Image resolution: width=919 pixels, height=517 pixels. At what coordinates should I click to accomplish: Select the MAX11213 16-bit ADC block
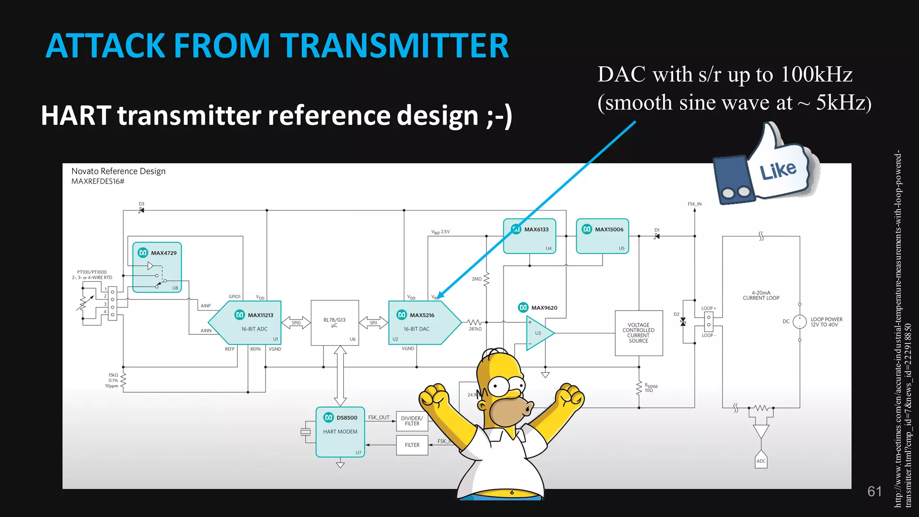(x=251, y=323)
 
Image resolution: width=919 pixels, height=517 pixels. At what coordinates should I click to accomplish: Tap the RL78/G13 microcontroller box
(x=335, y=323)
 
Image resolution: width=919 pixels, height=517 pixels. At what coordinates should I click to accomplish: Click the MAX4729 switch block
(x=157, y=267)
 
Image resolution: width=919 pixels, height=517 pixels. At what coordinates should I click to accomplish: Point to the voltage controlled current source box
(x=639, y=333)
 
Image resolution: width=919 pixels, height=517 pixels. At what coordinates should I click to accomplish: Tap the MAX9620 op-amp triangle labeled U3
(x=538, y=333)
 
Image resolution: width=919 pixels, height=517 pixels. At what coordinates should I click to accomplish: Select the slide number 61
(x=875, y=491)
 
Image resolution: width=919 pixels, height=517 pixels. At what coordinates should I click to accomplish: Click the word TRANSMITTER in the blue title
(x=395, y=46)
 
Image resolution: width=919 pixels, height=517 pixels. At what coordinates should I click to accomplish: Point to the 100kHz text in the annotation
(x=817, y=74)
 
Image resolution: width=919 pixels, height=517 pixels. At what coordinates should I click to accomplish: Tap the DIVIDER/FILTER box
(x=412, y=421)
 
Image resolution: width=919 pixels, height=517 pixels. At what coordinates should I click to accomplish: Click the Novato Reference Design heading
(x=118, y=171)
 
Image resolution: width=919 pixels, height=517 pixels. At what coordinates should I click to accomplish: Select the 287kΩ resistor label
(x=475, y=329)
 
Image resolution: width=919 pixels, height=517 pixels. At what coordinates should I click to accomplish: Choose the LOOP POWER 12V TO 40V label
(x=826, y=322)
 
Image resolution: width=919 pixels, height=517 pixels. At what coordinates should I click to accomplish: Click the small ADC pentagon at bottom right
(x=761, y=460)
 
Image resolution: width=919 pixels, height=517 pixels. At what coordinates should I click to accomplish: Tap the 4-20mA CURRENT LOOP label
(x=761, y=295)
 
